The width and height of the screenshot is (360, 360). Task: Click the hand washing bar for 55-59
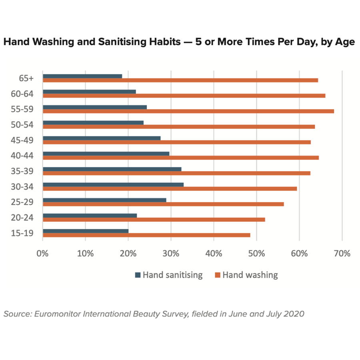(188, 111)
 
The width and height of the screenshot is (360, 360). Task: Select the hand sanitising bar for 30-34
(113, 184)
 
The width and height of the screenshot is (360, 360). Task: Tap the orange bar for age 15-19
(146, 235)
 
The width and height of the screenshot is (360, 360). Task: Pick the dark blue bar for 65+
(82, 76)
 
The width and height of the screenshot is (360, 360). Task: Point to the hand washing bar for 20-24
(154, 219)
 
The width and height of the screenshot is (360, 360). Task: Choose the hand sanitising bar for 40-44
(106, 154)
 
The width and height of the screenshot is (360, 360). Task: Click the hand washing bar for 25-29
(163, 204)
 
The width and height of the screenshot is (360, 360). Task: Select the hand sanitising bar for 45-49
(101, 138)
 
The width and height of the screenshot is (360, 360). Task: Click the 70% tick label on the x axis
(342, 253)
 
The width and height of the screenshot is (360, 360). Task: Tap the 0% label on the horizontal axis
(42, 253)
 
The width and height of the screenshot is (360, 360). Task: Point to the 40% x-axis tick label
(214, 253)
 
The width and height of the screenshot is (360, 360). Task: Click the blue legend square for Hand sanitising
(138, 275)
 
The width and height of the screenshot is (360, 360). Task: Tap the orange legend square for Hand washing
(218, 275)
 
